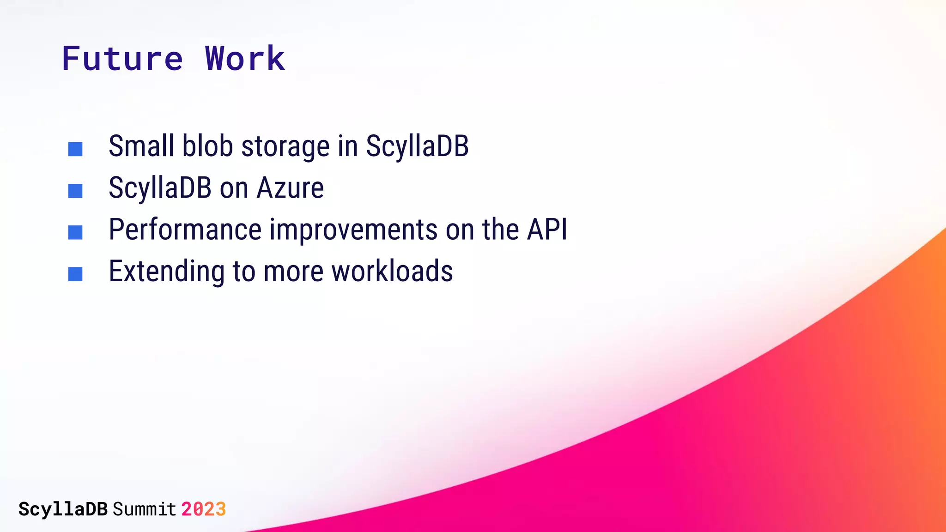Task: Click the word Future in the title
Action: (122, 59)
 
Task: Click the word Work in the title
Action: (245, 59)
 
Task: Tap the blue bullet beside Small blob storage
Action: (75, 149)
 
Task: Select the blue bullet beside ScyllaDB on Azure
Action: (75, 191)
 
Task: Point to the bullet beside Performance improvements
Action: (75, 232)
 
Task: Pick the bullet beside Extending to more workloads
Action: (75, 274)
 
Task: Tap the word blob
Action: (207, 146)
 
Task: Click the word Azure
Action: (290, 188)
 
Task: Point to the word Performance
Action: (185, 230)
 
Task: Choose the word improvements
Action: (353, 230)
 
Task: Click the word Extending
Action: (167, 272)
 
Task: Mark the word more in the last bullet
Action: (293, 272)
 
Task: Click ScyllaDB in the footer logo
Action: (63, 509)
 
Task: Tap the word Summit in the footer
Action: (144, 509)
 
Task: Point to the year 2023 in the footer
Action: (203, 509)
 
